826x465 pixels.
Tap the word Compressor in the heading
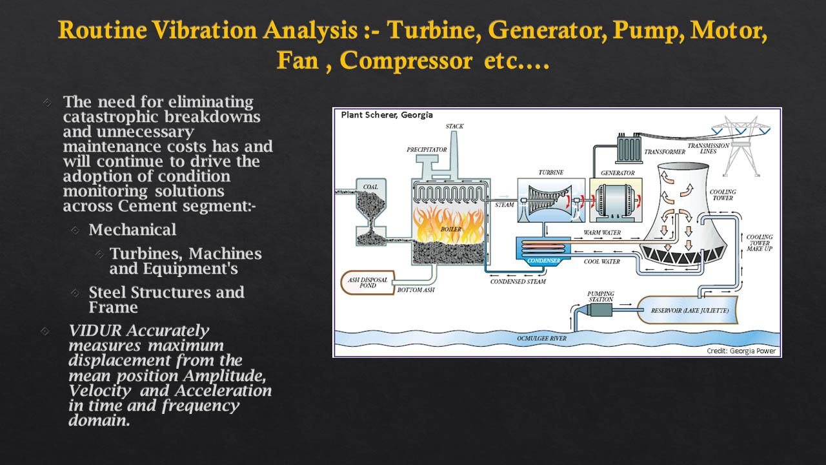pos(406,60)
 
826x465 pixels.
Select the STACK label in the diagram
pos(454,126)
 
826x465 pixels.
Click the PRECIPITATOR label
pos(427,149)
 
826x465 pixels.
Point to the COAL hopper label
pos(370,187)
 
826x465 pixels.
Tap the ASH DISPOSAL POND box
pos(368,283)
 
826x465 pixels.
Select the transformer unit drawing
pos(629,149)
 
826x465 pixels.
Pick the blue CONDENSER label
pos(543,260)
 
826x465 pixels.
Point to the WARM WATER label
pos(602,232)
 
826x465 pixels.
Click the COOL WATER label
pos(602,262)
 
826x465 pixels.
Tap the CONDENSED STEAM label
pos(518,282)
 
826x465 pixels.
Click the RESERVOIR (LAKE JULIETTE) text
pos(690,311)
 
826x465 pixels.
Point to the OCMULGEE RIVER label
pos(541,338)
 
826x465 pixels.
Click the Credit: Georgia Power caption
pos(741,351)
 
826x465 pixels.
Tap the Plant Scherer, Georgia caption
pos(387,115)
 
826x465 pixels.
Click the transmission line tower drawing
pos(741,146)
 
